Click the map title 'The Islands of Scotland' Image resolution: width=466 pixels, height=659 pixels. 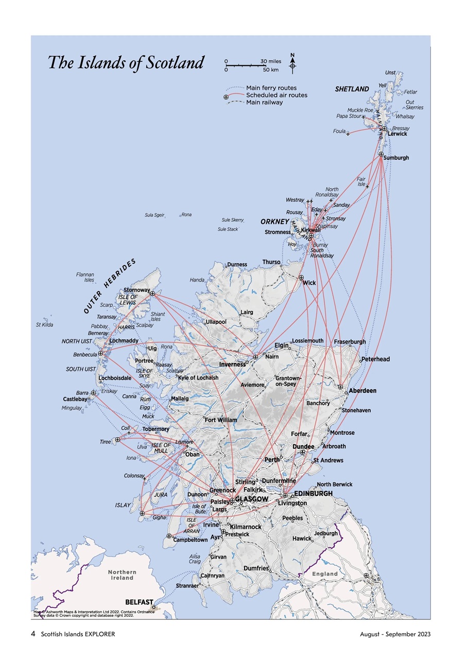126,63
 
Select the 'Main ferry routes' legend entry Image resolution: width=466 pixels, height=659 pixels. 271,88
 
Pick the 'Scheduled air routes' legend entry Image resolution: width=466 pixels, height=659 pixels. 276,95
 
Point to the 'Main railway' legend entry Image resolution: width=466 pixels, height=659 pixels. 264,102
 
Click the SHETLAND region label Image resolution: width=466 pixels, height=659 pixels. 352,89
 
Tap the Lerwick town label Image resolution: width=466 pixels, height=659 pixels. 397,134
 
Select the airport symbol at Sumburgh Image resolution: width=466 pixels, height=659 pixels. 381,154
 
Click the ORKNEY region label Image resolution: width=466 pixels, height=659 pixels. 274,222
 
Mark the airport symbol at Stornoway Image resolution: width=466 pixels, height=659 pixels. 152,293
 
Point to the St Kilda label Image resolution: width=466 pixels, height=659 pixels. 44,325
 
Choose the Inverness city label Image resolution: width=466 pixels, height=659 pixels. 232,365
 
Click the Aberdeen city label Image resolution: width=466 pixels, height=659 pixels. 363,391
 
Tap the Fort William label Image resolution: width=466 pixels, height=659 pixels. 221,420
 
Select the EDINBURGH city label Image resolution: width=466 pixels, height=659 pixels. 314,493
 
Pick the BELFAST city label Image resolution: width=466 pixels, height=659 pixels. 139,602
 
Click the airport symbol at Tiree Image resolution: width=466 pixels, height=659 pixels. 117,440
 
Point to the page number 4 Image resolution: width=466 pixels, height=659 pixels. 33,634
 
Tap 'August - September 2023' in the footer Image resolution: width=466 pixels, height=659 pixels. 395,634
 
